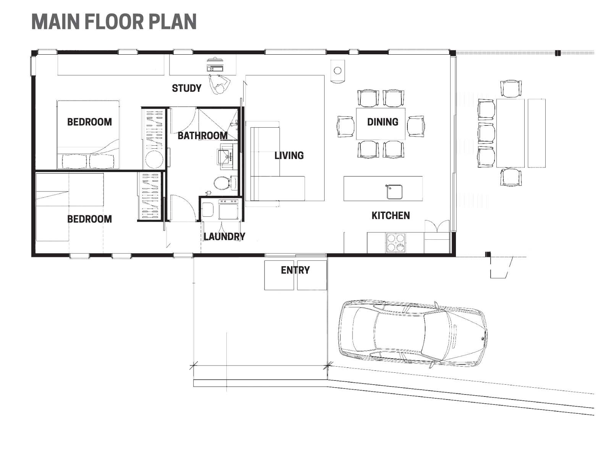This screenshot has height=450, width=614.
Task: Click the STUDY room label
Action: tap(186, 88)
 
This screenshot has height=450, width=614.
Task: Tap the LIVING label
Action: tap(289, 155)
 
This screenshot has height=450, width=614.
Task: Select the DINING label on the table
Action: tap(383, 122)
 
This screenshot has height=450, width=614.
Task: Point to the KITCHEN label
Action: tap(391, 216)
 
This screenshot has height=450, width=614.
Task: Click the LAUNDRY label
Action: tap(224, 237)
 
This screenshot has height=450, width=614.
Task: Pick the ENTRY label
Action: tap(295, 270)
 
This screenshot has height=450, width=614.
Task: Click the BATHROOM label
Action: tap(202, 136)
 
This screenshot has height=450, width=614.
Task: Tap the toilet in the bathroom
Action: tap(221, 183)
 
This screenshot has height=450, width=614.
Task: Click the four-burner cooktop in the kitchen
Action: tap(396, 242)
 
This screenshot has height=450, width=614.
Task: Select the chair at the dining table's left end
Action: tap(346, 127)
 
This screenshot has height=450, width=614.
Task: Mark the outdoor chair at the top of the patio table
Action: tap(511, 88)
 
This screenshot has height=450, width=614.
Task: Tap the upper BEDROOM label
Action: tap(89, 122)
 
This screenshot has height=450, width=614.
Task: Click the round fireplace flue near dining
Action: tap(338, 70)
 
